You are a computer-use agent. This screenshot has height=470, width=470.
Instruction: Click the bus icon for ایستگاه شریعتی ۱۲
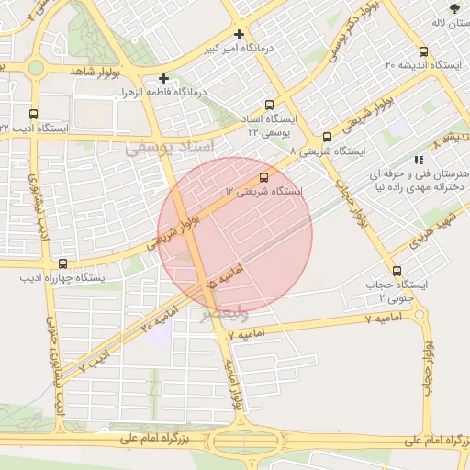pyautogui.click(x=264, y=176)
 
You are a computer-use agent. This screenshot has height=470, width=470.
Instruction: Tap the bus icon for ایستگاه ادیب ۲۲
pyautogui.click(x=34, y=115)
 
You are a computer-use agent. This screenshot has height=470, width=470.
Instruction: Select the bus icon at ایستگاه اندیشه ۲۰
pyautogui.click(x=423, y=51)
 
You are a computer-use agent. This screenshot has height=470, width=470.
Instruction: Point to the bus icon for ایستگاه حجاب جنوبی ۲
pyautogui.click(x=397, y=271)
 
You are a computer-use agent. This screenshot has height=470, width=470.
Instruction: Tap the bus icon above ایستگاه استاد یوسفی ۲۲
pyautogui.click(x=269, y=105)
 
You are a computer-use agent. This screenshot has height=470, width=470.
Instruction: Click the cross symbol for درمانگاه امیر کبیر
pyautogui.click(x=239, y=34)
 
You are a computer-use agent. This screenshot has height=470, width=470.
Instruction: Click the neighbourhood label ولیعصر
pyautogui.click(x=225, y=314)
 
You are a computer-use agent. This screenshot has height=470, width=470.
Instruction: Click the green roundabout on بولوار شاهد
pyautogui.click(x=36, y=67)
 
